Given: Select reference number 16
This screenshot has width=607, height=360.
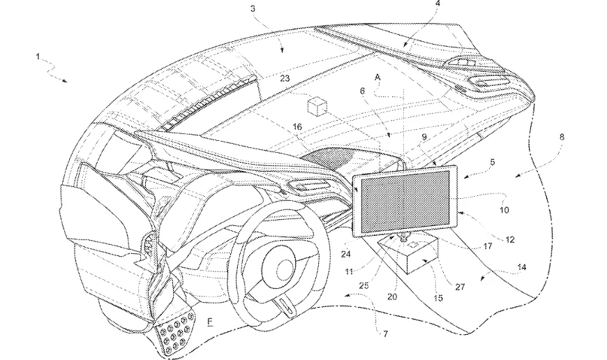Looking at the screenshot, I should (x=297, y=127).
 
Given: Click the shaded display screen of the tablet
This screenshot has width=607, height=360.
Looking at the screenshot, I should (x=405, y=202).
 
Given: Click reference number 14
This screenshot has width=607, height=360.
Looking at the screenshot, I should (x=522, y=267).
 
